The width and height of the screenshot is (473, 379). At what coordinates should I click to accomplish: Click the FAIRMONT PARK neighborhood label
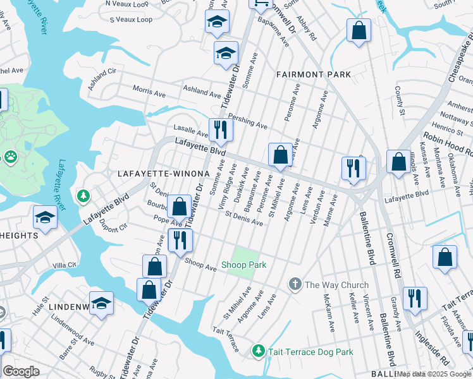pyautogui.click(x=314, y=75)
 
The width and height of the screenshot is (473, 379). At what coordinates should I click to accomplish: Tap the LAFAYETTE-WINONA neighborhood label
pyautogui.click(x=163, y=173)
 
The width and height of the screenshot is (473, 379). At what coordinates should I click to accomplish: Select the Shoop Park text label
pyautogui.click(x=243, y=265)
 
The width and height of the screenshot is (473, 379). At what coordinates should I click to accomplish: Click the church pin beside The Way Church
pyautogui.click(x=295, y=284)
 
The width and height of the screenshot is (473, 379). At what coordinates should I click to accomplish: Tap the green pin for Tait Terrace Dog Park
pyautogui.click(x=258, y=350)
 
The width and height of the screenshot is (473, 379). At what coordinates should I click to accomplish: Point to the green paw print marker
pyautogui.click(x=11, y=156)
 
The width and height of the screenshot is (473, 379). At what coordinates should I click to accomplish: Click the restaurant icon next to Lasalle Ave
pyautogui.click(x=221, y=129)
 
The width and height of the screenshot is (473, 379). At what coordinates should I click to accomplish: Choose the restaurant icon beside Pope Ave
pyautogui.click(x=180, y=239)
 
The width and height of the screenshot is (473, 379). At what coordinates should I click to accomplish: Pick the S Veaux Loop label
pyautogui.click(x=131, y=20)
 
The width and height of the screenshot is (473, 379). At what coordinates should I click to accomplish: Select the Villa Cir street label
pyautogui.click(x=64, y=265)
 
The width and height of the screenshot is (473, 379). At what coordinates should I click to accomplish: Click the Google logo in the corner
pyautogui.click(x=21, y=371)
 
